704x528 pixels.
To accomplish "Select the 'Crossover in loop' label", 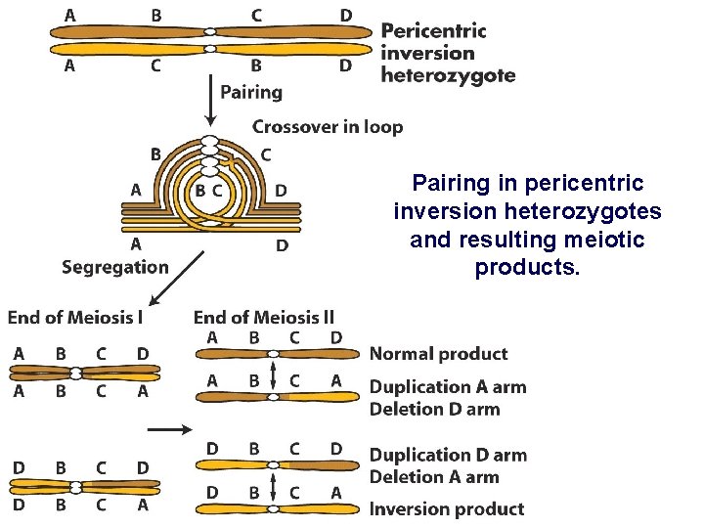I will point(328,127).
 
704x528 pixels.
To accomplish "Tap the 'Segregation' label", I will point(114,267).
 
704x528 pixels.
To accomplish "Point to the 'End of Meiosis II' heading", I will point(264,317).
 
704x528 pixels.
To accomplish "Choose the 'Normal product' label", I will point(438,354).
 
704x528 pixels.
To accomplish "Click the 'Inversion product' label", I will point(446,508).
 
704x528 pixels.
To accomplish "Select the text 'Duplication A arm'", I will point(447,387).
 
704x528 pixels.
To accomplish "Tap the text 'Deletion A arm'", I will point(434,477).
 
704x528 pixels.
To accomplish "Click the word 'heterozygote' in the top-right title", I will point(448,75).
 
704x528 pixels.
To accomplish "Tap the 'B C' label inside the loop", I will point(208,191).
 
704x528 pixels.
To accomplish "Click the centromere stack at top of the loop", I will point(209,152).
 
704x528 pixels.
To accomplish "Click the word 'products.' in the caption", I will point(527,267).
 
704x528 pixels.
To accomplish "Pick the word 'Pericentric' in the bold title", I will point(433,30).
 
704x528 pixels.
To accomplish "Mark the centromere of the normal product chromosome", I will point(273,354).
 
